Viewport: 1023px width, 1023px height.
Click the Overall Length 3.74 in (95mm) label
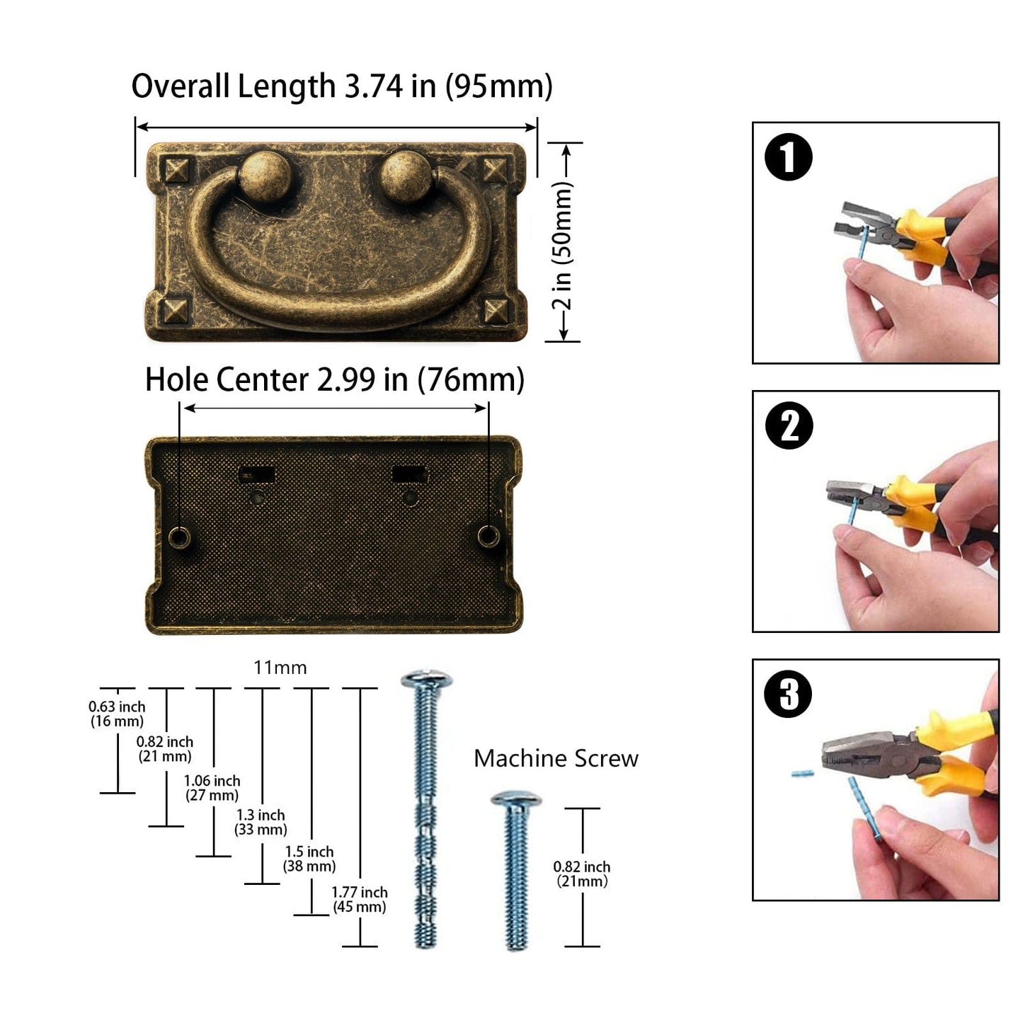[x=342, y=86]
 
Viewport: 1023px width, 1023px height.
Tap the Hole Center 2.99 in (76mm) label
[x=334, y=380]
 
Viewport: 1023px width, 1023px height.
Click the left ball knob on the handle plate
[x=264, y=176]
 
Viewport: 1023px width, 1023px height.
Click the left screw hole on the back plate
[x=180, y=538]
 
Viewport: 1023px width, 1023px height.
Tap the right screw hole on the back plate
[x=488, y=537]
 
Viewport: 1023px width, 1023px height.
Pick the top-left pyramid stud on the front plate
[x=176, y=171]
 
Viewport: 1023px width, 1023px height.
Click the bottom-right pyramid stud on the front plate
[x=496, y=310]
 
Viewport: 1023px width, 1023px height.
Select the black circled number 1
[x=789, y=157]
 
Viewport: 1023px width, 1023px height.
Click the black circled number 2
[x=789, y=425]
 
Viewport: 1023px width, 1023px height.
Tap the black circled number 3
[x=788, y=695]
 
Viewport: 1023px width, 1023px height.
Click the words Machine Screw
[x=556, y=759]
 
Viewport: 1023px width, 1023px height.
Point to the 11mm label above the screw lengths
[x=280, y=668]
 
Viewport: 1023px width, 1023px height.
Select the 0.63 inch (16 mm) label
[x=117, y=714]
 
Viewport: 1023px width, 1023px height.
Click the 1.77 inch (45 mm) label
[x=360, y=899]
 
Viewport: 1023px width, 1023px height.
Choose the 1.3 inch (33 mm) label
[x=261, y=823]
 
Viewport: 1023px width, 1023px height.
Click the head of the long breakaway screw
[x=426, y=680]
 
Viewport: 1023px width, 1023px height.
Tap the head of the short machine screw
[x=516, y=799]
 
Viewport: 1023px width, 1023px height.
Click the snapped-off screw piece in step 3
[x=802, y=774]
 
